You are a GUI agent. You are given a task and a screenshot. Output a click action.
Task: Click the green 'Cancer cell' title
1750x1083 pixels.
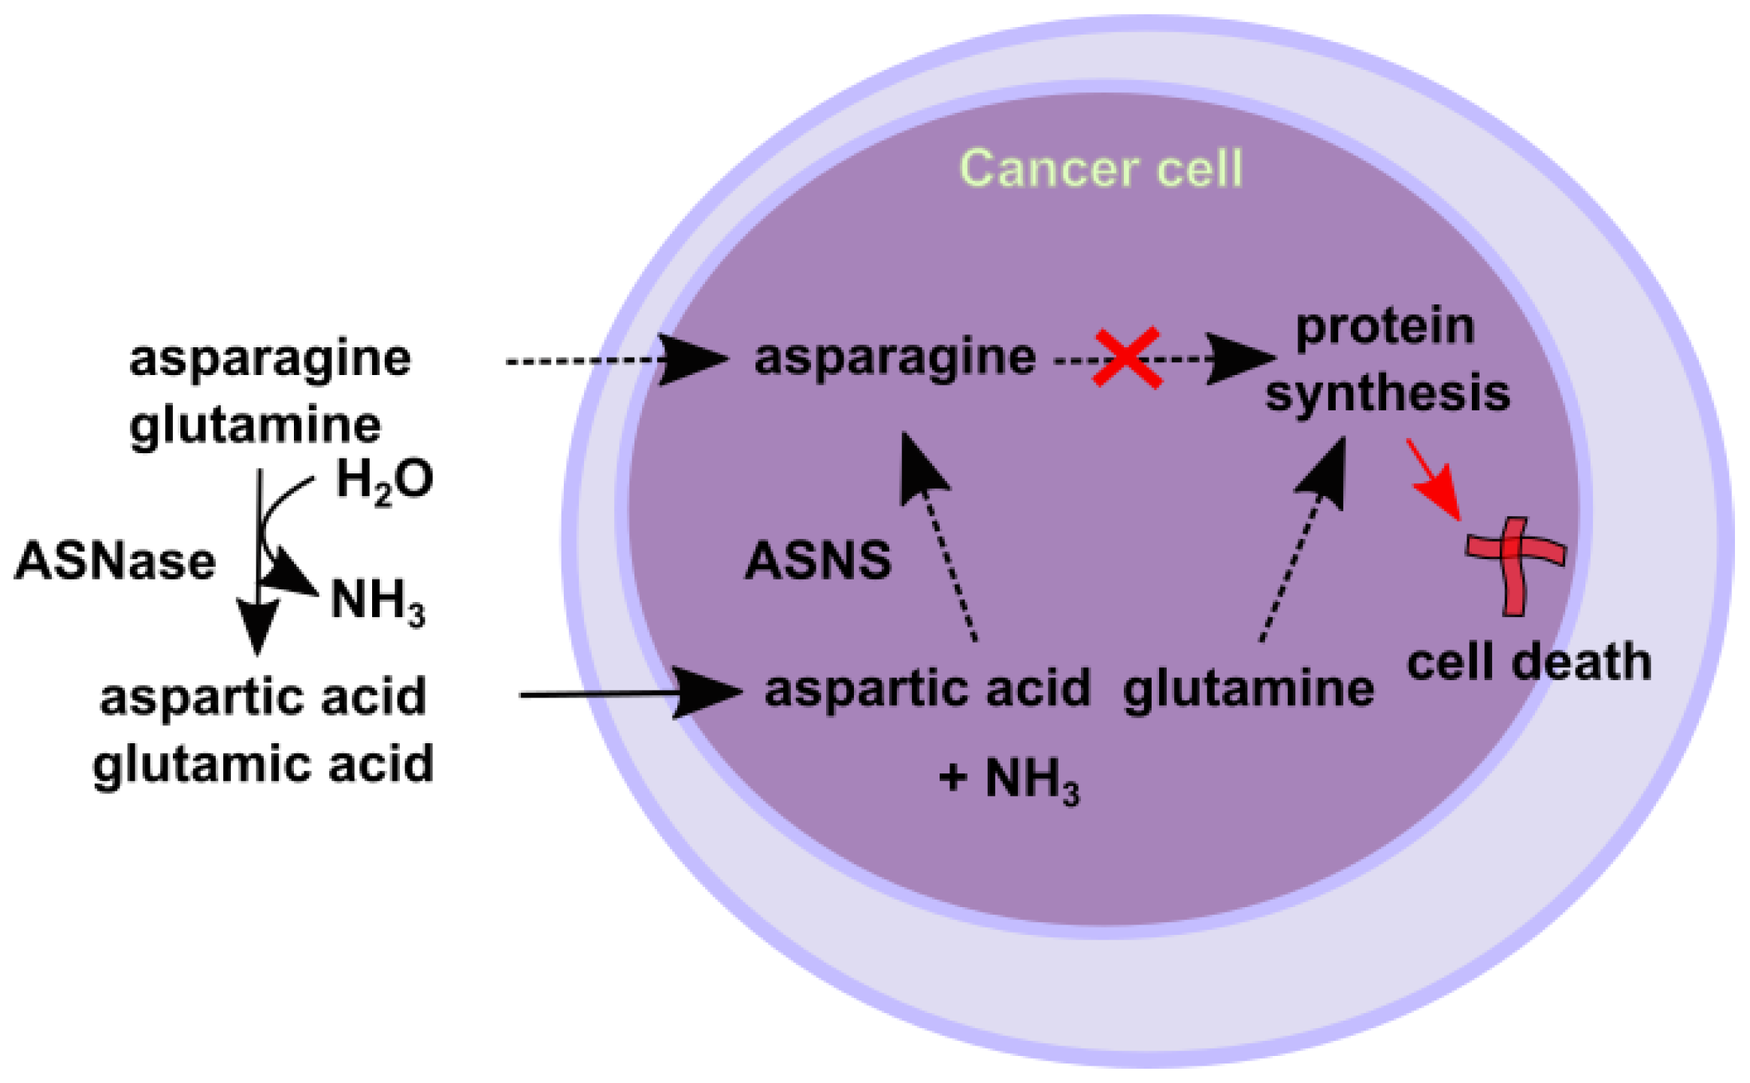(x=1100, y=168)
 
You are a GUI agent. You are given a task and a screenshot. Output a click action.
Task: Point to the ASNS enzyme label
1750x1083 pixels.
(x=817, y=561)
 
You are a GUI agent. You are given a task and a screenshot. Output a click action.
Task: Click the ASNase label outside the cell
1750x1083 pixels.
(x=115, y=561)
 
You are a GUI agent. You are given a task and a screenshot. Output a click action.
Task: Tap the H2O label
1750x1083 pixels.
(x=384, y=481)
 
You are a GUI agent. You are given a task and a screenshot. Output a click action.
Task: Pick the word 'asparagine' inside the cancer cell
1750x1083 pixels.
(x=895, y=358)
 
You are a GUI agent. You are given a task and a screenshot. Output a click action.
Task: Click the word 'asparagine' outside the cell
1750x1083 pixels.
(x=270, y=359)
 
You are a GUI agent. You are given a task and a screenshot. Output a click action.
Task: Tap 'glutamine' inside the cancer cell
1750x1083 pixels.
(x=1247, y=689)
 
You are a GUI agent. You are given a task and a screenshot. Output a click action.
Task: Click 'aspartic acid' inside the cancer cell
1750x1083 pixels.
(x=927, y=689)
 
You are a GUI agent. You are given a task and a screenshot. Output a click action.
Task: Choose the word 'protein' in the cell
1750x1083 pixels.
(x=1385, y=328)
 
